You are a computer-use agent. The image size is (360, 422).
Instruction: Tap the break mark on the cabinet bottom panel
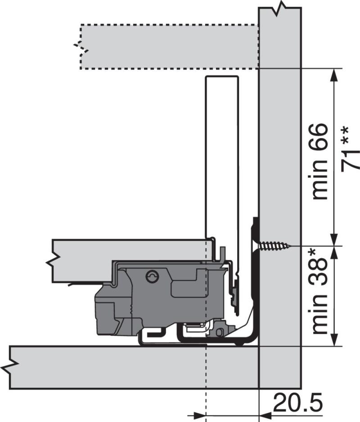point(10,367)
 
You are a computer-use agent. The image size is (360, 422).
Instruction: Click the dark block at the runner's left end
point(106,310)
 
